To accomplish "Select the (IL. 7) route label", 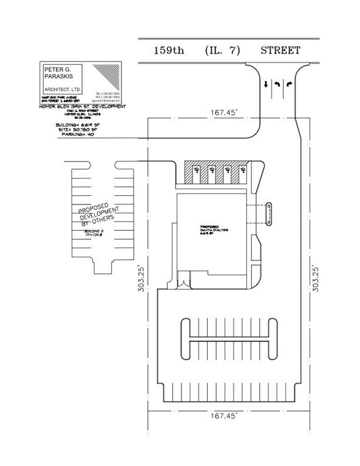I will pos(221,50).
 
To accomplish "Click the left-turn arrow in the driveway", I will pos(277,86).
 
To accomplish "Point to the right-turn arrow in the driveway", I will pos(288,86).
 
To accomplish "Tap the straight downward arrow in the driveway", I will pos(266,86).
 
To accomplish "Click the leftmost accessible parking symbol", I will pos(195,172).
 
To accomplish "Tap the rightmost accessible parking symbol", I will pos(241,172).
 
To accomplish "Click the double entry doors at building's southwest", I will pos(183,283).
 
